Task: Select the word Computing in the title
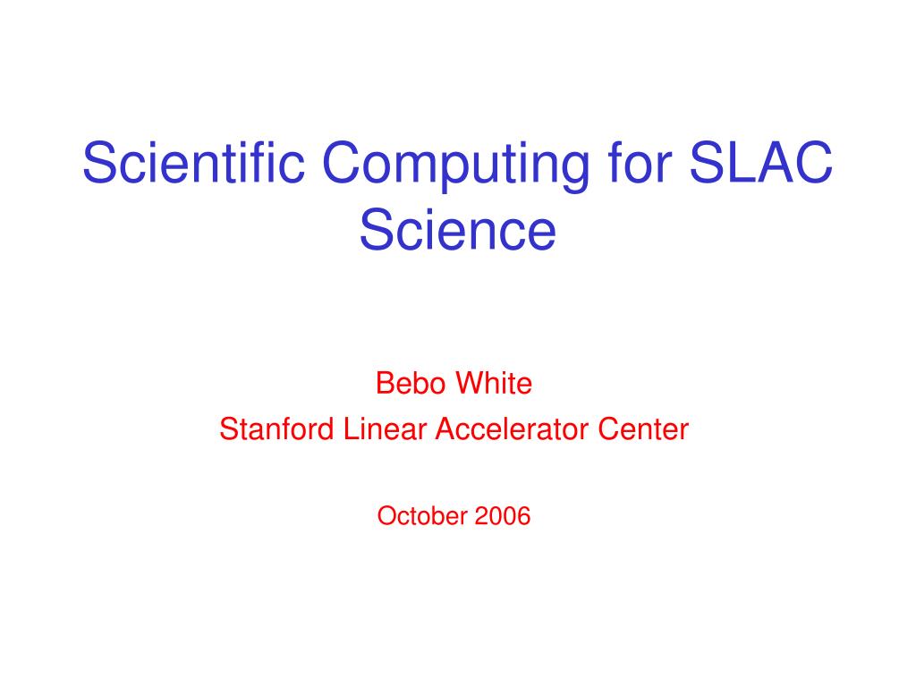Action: pyautogui.click(x=455, y=166)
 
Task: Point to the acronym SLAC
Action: pyautogui.click(x=760, y=162)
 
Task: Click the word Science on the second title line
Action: pyautogui.click(x=457, y=230)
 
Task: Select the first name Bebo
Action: pyautogui.click(x=411, y=383)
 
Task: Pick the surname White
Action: pyautogui.click(x=494, y=383)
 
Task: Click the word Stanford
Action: pyautogui.click(x=277, y=428)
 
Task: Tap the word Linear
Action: pyautogui.click(x=385, y=428)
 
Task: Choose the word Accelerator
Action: pyautogui.click(x=512, y=428)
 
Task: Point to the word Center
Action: pyautogui.click(x=643, y=428)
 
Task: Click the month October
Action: pyautogui.click(x=422, y=516)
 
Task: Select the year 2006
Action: pyautogui.click(x=503, y=516)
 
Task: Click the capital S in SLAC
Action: pyautogui.click(x=706, y=162)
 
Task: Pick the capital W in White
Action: pyautogui.click(x=470, y=383)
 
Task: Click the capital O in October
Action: pyautogui.click(x=387, y=516)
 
